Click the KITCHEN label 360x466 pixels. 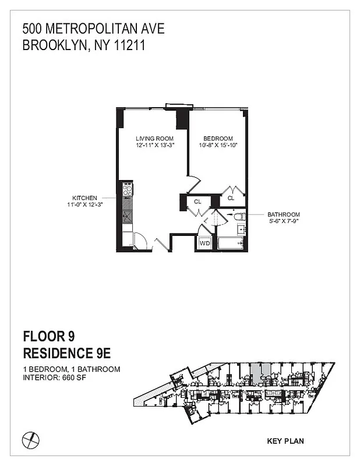(x=84, y=197)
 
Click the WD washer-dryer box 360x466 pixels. (x=204, y=243)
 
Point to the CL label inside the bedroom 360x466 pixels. (x=231, y=198)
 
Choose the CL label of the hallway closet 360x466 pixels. (x=198, y=202)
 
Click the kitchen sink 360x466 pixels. (x=128, y=216)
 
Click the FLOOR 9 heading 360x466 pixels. (x=48, y=337)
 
